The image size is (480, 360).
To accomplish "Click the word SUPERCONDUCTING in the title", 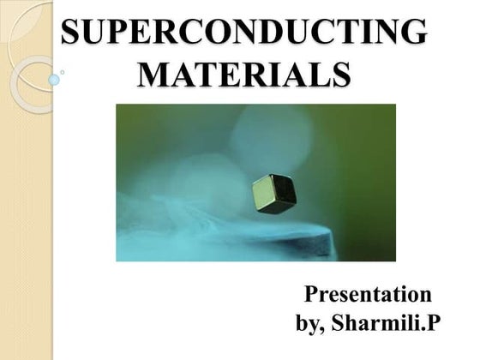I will pyautogui.click(x=244, y=33).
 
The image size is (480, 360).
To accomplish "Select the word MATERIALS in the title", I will pyautogui.click(x=244, y=74).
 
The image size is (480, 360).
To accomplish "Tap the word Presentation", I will pyautogui.click(x=369, y=295).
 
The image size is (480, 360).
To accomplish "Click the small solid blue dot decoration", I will pyautogui.click(x=54, y=80).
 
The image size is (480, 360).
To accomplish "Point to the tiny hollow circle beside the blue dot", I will pyautogui.click(x=63, y=73).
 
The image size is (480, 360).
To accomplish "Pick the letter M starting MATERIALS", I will pyautogui.click(x=153, y=74).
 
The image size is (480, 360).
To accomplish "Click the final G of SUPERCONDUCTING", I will pyautogui.click(x=412, y=33).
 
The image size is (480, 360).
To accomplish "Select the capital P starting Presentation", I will pyautogui.click(x=313, y=295).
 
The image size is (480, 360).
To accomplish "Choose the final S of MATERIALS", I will pyautogui.click(x=339, y=74).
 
